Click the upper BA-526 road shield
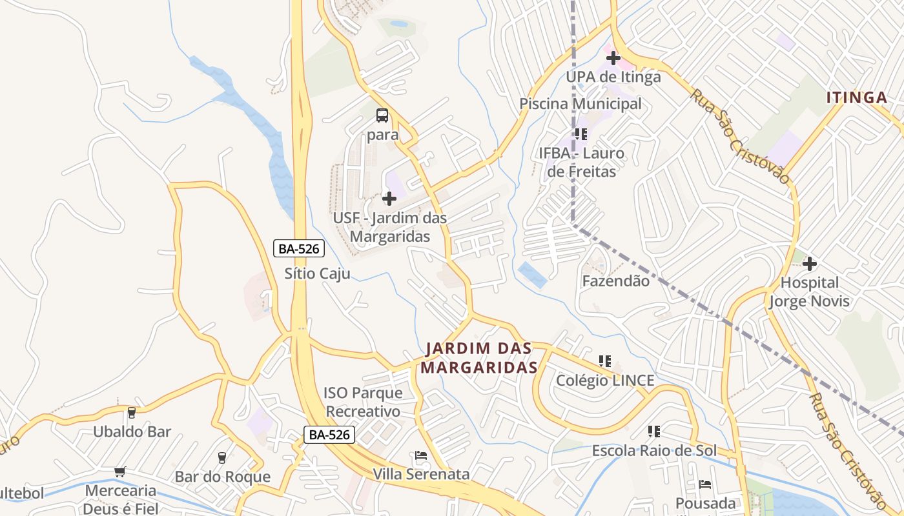(298, 248)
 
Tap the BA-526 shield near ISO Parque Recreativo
(329, 435)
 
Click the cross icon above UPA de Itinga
(613, 58)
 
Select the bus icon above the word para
(382, 116)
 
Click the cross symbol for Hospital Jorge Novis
(810, 263)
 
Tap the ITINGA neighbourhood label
(857, 98)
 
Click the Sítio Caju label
(317, 273)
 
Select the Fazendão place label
(615, 281)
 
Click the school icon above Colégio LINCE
(604, 361)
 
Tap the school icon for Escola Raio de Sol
(653, 431)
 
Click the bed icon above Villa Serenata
(421, 455)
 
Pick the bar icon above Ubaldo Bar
(132, 413)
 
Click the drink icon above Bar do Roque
(222, 458)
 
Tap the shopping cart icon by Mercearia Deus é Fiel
(119, 472)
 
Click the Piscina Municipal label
(580, 104)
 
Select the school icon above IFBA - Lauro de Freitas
(580, 134)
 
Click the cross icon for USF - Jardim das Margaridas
(389, 199)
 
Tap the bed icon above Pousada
(705, 484)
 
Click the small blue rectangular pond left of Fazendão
(533, 275)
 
